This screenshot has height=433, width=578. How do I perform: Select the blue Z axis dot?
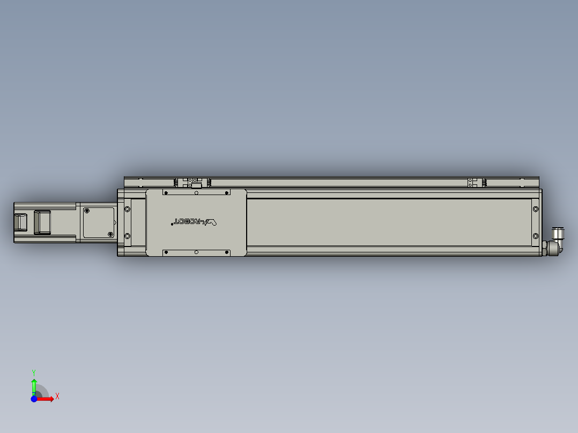[34, 399]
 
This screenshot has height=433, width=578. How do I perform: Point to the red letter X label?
[57, 397]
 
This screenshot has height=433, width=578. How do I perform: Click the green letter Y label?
[34, 371]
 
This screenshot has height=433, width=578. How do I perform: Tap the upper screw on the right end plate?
[535, 208]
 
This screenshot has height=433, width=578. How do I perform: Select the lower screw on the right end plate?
[535, 236]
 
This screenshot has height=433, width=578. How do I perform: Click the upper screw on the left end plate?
[127, 209]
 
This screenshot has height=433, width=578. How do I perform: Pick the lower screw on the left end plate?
[127, 236]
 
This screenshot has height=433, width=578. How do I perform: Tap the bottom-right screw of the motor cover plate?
[110, 234]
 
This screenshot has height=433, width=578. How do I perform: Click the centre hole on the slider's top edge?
[196, 192]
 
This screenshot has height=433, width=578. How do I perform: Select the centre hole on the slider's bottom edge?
[196, 251]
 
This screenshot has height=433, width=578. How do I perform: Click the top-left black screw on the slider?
[166, 192]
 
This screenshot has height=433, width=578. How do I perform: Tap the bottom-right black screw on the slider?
[226, 251]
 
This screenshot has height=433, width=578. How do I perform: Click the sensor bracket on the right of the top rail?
[472, 183]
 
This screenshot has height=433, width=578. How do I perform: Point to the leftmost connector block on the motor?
[20, 222]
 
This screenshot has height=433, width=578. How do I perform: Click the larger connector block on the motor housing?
[42, 222]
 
